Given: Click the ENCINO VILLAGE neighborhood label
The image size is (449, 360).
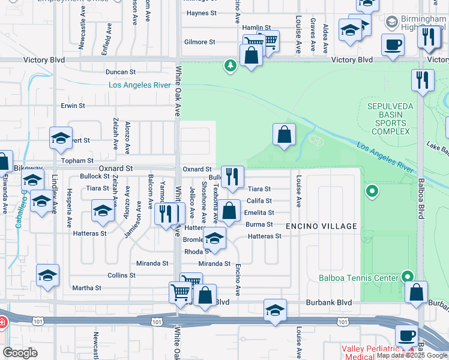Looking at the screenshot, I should coord(321,226).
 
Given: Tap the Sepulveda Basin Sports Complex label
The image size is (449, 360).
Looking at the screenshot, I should coord(388,119).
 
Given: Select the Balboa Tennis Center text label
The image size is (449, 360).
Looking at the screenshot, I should coord(358,277).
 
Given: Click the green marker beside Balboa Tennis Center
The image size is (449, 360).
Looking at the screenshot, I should coord(408,277).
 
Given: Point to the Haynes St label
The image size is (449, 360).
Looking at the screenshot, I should coord(201,13).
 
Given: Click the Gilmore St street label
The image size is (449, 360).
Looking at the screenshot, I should coord(200,42).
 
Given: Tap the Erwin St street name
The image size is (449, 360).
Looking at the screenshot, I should coord(73,106).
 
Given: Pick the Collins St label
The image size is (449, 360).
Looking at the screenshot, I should coord(121,275).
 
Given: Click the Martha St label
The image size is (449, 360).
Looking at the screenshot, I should coord(86,288).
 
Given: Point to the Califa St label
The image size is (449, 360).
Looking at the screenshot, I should coord(259,201).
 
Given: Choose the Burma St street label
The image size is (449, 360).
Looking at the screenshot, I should coord(259,224).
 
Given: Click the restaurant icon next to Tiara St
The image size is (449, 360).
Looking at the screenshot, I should coord(233,176).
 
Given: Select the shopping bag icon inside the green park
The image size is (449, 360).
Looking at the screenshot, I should coord(285,134).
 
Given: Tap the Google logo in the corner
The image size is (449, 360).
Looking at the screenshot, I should coord(20,353).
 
